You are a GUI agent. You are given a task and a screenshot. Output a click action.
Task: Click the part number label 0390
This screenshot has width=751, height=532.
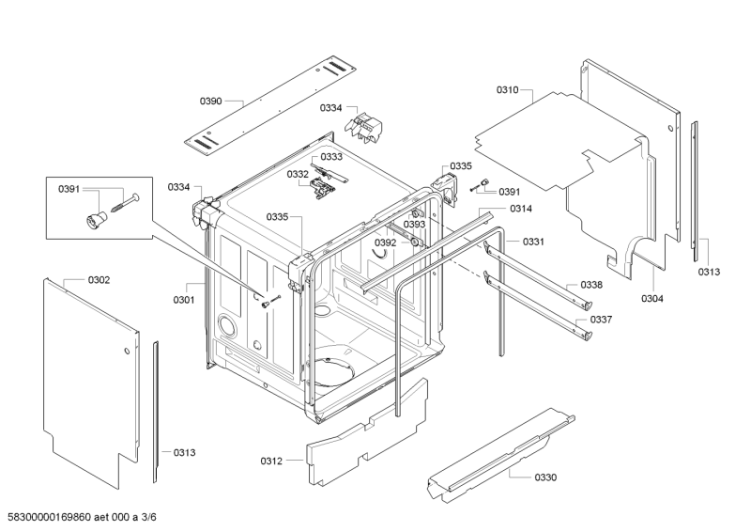[210, 102]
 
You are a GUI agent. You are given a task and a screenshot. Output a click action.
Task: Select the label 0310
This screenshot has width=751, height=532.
[507, 89]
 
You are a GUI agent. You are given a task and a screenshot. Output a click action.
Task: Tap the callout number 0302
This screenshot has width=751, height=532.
[99, 280]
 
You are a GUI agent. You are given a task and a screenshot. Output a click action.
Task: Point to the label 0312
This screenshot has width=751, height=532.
[271, 461]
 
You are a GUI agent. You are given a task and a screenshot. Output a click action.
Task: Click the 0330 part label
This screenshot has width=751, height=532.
[545, 477]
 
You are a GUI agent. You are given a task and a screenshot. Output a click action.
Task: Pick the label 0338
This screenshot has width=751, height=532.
[591, 285]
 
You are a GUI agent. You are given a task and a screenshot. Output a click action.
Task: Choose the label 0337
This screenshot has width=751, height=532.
[601, 320]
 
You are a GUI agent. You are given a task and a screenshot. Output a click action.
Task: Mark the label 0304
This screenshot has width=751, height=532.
[652, 299]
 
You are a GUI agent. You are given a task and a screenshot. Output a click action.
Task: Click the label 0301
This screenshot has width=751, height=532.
[184, 300]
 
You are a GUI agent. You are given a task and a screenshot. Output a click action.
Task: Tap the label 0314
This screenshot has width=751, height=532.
[521, 209]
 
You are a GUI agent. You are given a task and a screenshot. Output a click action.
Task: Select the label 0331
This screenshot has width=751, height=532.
[533, 242]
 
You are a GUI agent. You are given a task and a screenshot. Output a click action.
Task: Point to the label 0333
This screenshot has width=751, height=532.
[331, 157]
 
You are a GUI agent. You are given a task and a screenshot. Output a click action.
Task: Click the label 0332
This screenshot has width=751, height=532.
[298, 174]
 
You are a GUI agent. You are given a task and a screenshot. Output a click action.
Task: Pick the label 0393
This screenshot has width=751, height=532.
[414, 225]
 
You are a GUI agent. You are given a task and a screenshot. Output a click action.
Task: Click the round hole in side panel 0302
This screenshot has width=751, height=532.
[127, 351]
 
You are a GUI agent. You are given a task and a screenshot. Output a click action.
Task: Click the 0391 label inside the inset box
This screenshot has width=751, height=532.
[69, 190]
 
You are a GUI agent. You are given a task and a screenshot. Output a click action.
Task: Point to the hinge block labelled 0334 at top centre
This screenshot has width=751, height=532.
[364, 127]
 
